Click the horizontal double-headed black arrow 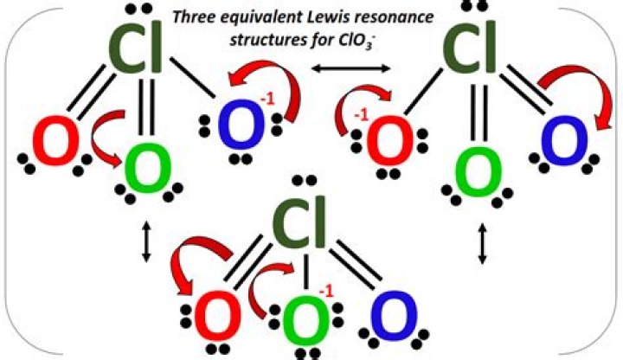click(350, 68)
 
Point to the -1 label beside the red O click(361, 116)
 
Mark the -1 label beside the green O click(326, 292)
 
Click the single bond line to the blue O click(193, 78)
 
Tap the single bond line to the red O click(424, 92)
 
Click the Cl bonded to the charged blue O click(135, 47)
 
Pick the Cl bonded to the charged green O click(299, 222)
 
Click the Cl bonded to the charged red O click(469, 47)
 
